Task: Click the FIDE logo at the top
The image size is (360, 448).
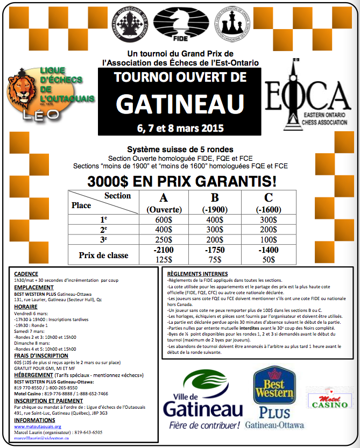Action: coord(180,23)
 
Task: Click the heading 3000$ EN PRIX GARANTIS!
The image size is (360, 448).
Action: coord(180,180)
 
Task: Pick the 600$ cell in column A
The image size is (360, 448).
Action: coord(163,219)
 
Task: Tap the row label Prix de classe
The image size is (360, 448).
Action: coord(103,254)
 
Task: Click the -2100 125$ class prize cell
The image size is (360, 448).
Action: coord(163,254)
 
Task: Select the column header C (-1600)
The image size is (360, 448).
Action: coord(267,202)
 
